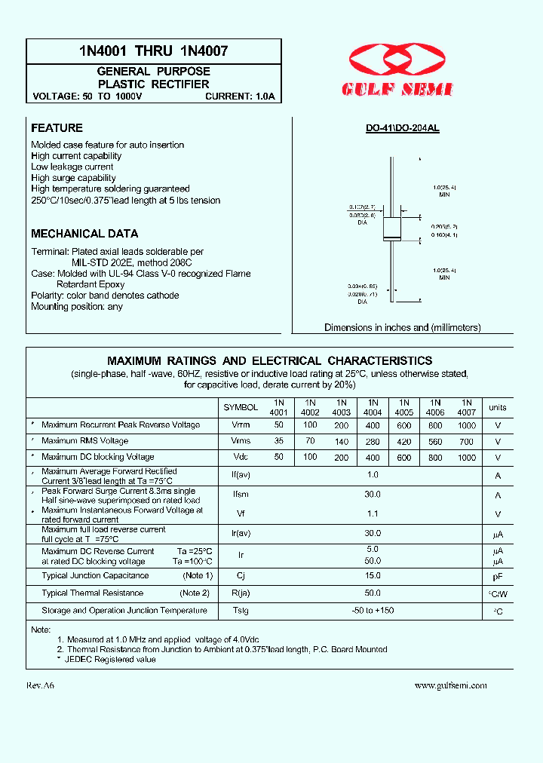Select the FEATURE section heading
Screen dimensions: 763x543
[x=57, y=128]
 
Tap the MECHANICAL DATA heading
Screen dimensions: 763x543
[x=84, y=234]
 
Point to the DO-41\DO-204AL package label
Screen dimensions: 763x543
[x=403, y=129]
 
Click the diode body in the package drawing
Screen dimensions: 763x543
[x=391, y=228]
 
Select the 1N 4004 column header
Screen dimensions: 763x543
[x=373, y=407]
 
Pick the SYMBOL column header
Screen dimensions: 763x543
[x=241, y=407]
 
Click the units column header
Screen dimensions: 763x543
[x=498, y=407]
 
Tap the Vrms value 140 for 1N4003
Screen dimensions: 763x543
[x=342, y=441]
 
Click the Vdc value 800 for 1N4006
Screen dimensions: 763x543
[x=435, y=458]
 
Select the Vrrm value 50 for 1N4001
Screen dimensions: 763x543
[x=279, y=425]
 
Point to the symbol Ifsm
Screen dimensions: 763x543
[x=241, y=495]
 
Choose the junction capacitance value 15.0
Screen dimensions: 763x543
[x=373, y=576]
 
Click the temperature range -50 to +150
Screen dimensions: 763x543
[x=373, y=610]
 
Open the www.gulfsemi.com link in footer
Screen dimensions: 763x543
[x=450, y=685]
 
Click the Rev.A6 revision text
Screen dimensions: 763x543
[x=41, y=685]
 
